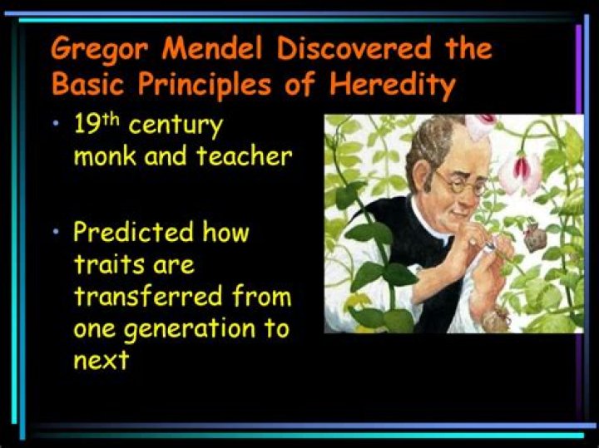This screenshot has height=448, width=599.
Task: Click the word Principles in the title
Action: (225, 85)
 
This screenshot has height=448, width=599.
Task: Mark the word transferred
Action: (143, 297)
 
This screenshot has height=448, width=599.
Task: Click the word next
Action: (101, 360)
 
